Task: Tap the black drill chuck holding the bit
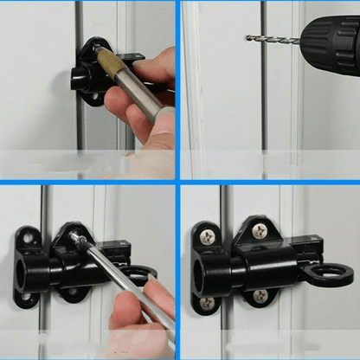(330, 38)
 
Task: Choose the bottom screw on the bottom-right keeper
(207, 302)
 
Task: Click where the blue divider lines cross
(178, 181)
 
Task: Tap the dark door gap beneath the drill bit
(263, 104)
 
